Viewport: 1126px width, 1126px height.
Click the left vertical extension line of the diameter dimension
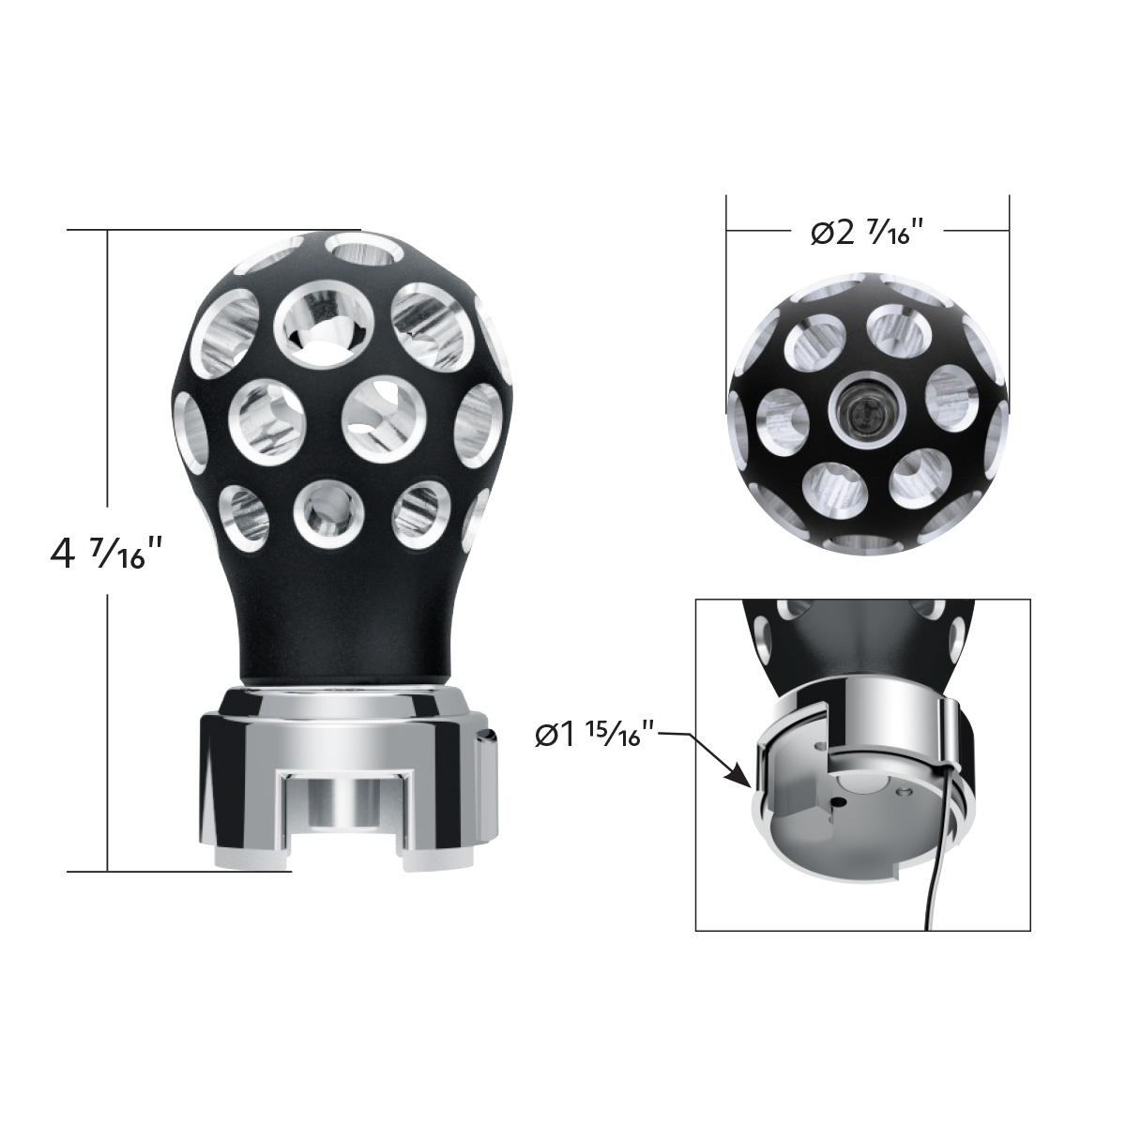(x=727, y=300)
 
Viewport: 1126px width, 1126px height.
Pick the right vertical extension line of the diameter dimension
(x=1009, y=300)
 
